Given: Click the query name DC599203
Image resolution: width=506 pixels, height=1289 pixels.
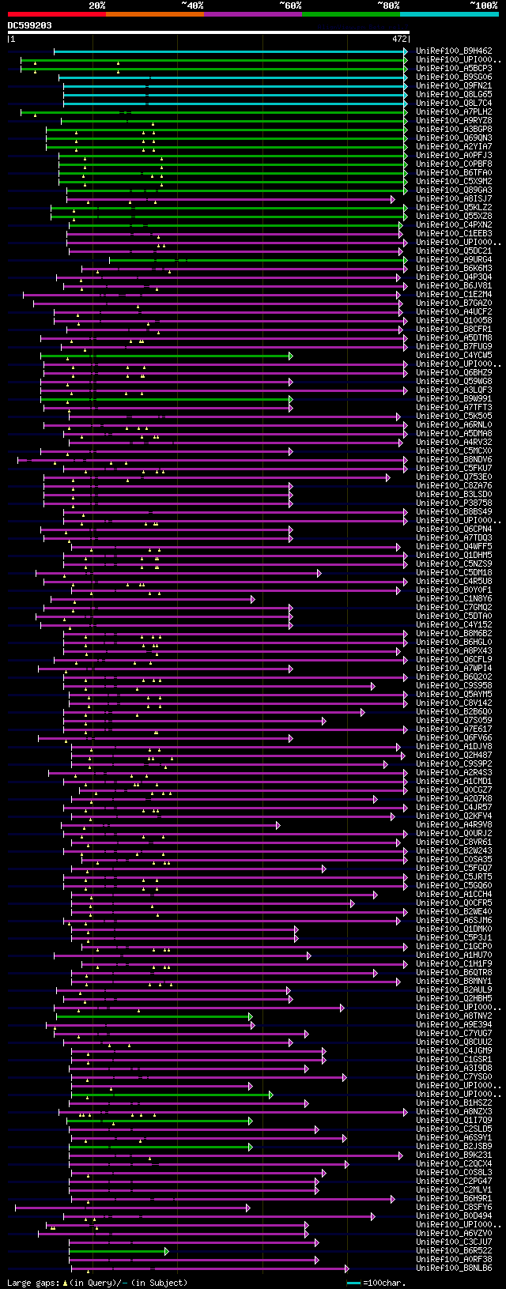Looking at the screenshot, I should (x=30, y=25).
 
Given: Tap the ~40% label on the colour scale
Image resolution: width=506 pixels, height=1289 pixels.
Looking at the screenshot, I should (x=192, y=6).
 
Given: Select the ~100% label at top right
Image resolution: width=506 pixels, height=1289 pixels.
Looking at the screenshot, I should (x=484, y=6).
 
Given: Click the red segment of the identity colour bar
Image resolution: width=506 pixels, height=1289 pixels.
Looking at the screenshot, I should (x=56, y=14).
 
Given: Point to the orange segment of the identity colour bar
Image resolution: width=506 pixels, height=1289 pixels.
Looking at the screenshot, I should (x=154, y=14).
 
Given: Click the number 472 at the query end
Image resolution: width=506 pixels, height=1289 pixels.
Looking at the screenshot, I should (x=399, y=38).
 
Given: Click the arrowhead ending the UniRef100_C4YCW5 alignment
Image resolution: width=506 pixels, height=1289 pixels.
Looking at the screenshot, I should (x=291, y=356).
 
